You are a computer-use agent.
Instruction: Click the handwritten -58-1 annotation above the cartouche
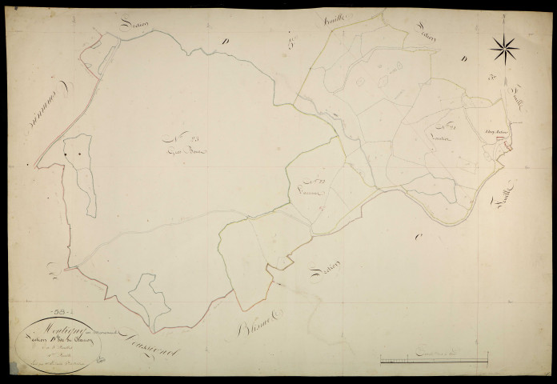point(60,306)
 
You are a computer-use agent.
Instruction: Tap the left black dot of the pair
point(65,153)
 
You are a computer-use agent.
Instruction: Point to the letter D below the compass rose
point(464,58)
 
